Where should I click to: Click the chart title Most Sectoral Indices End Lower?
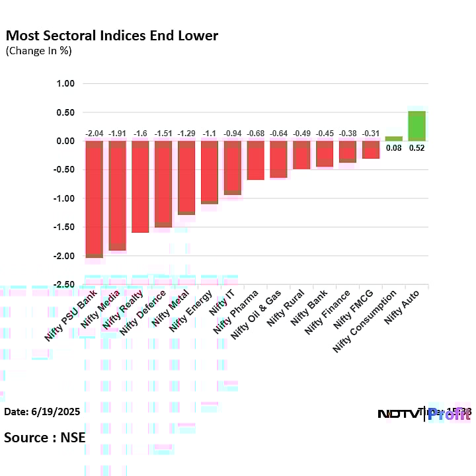(x=112, y=35)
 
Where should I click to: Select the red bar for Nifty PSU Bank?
(x=95, y=198)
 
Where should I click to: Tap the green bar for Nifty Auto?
(x=416, y=126)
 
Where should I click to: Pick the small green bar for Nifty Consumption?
(x=393, y=139)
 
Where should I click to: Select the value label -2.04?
(x=95, y=134)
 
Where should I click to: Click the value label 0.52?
(x=416, y=148)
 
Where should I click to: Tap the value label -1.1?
(x=210, y=134)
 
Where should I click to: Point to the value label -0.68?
(x=255, y=134)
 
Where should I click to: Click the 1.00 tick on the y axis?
(x=66, y=84)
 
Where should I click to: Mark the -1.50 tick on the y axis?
(x=65, y=227)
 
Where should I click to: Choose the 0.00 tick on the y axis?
(x=66, y=141)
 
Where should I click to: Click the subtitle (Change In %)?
(x=38, y=51)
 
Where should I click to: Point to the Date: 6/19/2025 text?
(x=42, y=411)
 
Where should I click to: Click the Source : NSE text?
(x=44, y=437)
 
